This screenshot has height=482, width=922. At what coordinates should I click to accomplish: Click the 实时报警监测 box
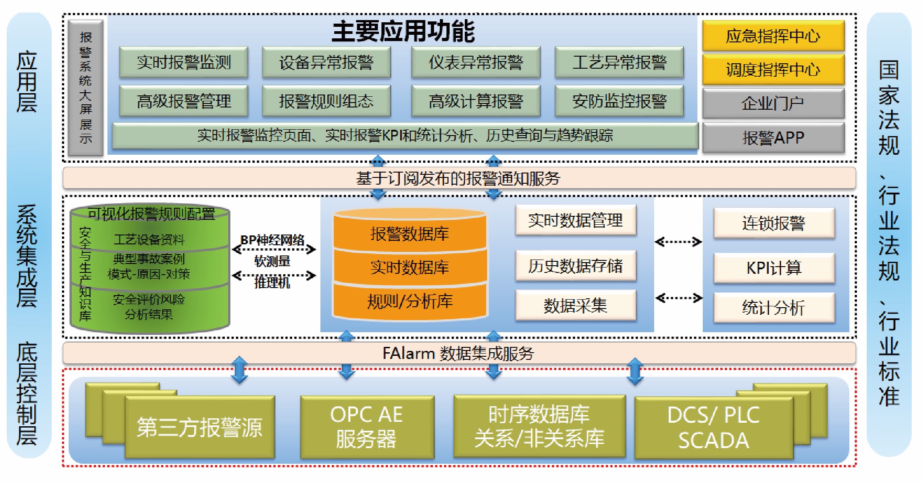pos(184,62)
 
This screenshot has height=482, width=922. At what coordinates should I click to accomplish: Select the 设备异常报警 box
pos(326,62)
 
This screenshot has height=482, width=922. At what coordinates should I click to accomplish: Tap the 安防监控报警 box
pos(619,101)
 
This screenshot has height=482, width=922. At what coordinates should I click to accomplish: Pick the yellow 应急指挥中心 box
pos(773,36)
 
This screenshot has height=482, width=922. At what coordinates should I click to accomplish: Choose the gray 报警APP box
pos(773,137)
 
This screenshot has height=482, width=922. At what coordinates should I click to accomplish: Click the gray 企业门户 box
pos(773,103)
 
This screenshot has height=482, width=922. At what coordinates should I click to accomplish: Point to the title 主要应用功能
pos(403,31)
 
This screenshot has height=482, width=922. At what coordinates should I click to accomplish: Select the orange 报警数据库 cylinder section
pos(410,233)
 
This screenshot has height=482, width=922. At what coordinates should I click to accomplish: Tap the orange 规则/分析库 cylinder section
pos(410,301)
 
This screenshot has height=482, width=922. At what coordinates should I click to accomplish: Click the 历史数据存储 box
pos(575,266)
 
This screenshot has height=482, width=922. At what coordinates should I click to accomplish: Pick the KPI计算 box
pos(774,268)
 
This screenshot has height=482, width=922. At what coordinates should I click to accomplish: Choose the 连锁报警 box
pos(774,223)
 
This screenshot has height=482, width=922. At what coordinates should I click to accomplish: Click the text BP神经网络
pos(272,240)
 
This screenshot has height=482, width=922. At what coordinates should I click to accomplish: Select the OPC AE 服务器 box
pos(367,427)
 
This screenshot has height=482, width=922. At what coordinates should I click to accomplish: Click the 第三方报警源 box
pos(200,427)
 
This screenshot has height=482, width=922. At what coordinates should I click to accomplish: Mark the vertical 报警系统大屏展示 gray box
pos(86,87)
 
